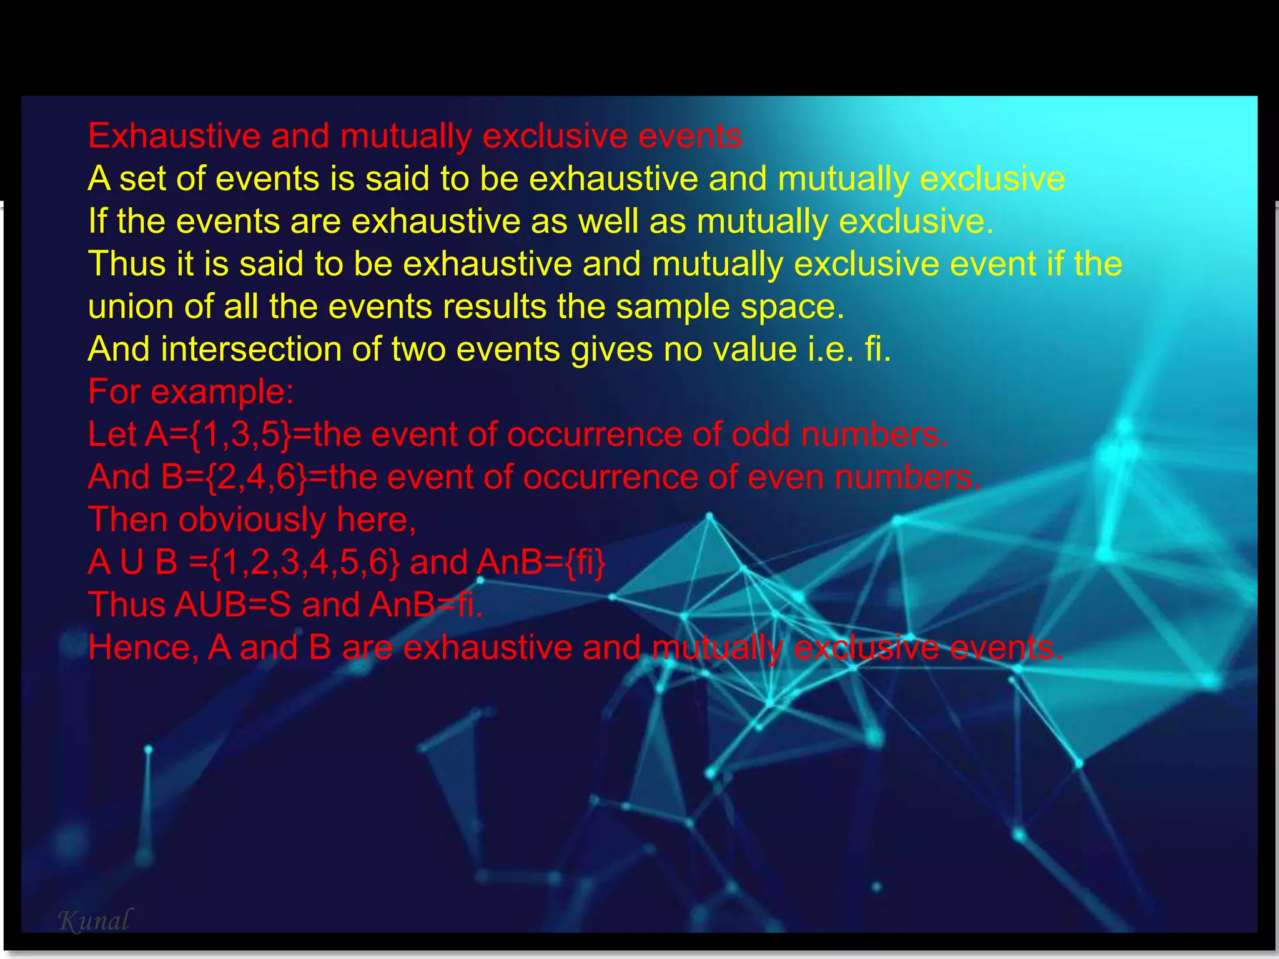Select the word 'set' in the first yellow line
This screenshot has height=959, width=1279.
[143, 179]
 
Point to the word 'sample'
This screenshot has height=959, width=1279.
[673, 307]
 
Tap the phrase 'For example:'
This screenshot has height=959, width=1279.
[190, 392]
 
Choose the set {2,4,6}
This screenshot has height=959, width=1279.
[257, 478]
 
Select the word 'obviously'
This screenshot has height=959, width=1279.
[252, 520]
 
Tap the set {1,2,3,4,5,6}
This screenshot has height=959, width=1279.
[305, 563]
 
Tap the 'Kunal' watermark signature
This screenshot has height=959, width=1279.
[95, 921]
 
